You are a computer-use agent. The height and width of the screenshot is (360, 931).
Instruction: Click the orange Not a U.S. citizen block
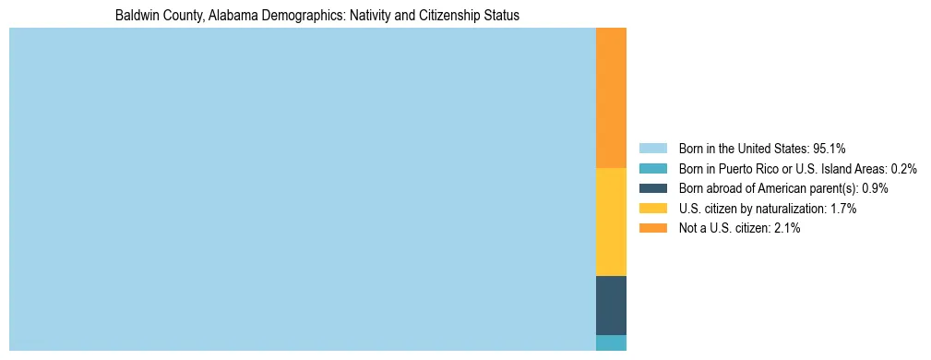point(611,98)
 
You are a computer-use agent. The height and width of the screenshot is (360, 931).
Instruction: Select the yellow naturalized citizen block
point(611,222)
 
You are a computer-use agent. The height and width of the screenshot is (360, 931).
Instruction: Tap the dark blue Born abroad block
point(611,305)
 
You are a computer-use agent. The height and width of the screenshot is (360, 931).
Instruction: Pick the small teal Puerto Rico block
point(611,342)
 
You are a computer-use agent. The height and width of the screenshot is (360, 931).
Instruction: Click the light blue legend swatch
point(652,148)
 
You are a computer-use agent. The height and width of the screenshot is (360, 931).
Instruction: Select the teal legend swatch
point(652,168)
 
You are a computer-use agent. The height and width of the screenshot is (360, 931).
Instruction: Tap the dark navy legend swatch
point(652,188)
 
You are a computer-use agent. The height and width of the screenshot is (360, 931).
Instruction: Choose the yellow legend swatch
point(652,209)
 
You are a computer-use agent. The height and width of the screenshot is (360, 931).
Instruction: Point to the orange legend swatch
point(652,229)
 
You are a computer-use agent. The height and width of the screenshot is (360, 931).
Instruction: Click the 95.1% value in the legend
point(830,148)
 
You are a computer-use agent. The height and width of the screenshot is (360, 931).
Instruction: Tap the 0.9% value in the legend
point(875,188)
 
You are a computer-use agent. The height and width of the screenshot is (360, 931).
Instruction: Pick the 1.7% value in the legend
point(842,209)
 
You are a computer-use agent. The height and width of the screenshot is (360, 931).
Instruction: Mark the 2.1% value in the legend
point(786,229)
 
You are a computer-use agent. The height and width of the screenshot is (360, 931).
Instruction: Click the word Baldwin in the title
point(136,16)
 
